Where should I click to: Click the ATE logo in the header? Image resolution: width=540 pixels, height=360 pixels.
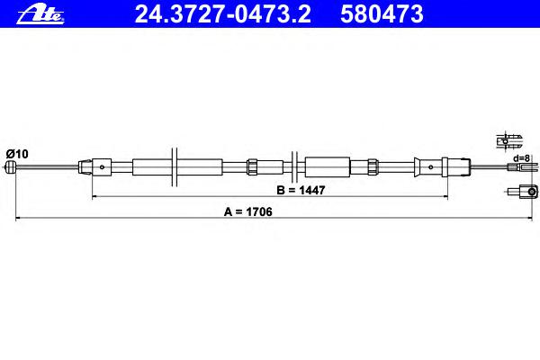(40, 14)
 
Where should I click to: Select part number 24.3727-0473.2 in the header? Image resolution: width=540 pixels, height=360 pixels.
(222, 14)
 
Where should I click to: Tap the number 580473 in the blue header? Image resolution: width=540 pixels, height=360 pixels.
(382, 14)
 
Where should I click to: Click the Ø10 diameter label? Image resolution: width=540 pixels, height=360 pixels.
(17, 154)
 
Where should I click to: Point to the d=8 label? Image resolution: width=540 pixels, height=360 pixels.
(521, 158)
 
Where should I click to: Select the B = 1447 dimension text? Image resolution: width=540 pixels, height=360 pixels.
(301, 190)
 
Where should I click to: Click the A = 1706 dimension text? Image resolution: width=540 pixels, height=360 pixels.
(248, 211)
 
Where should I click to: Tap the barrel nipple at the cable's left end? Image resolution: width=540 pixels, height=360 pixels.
(11, 167)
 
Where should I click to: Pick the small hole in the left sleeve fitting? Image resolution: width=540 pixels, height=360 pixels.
(102, 167)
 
